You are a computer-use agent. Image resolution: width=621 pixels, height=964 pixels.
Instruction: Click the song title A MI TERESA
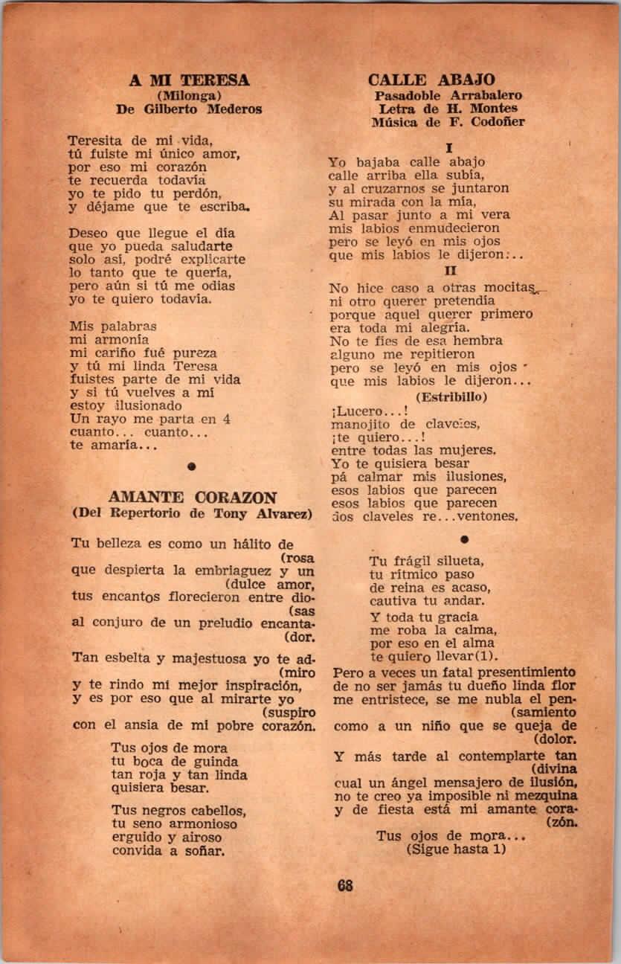click(189, 80)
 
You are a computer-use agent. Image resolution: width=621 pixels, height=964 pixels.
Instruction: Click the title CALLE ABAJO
click(431, 80)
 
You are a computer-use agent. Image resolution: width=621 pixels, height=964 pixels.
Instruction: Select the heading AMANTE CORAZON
click(193, 498)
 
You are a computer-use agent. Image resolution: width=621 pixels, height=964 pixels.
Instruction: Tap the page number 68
click(344, 885)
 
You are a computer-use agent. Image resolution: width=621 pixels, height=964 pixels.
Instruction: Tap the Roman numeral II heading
click(450, 271)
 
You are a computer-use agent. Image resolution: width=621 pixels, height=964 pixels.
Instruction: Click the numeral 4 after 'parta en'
click(226, 419)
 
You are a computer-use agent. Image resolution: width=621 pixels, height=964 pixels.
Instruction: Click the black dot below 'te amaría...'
click(192, 466)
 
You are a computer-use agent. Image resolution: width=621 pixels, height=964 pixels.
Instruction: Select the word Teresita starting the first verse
click(97, 140)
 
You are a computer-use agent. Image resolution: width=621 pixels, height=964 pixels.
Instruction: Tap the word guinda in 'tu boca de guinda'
click(215, 762)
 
